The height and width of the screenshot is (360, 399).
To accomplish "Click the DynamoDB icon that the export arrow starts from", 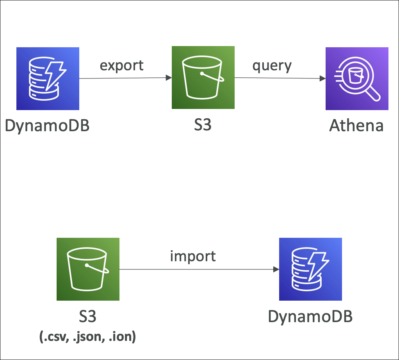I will coord(48,78).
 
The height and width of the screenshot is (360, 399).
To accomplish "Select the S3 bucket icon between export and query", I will coord(203,77).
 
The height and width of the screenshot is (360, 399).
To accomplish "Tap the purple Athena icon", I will coord(357,78).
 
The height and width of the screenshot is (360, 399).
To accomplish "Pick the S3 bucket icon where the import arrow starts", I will coord(88,269).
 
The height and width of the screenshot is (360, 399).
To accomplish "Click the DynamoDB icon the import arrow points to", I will coord(310,269).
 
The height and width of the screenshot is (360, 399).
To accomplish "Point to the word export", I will coord(122,65).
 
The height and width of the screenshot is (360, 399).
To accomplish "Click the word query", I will coord(272,66).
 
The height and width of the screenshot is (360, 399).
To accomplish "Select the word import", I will coord(193,256).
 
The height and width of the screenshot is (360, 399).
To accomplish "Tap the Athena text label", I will coord(356,126).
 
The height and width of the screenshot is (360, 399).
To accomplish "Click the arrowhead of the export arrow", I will coord(169,78).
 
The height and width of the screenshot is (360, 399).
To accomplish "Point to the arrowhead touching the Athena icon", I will coord(322,78).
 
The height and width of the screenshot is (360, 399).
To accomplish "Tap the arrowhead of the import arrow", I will coord(276,269).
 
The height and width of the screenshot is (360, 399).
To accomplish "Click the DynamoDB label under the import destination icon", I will coord(310,317).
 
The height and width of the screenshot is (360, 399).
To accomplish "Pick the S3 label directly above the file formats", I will coord(87,317).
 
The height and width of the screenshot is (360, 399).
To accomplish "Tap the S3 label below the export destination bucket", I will coord(203,126).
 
